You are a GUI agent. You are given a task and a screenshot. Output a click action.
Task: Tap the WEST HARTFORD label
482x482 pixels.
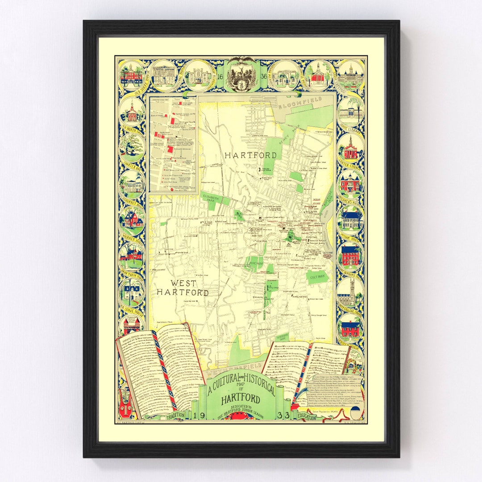click(x=183, y=288)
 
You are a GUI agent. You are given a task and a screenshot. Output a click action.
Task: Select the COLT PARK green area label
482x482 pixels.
click(x=317, y=277)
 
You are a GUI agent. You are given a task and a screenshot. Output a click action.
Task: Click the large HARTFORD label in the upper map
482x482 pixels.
click(x=250, y=155)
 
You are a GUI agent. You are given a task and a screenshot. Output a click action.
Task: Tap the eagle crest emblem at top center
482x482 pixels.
click(x=241, y=74)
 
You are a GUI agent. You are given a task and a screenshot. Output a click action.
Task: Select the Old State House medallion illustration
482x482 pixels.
click(x=132, y=75)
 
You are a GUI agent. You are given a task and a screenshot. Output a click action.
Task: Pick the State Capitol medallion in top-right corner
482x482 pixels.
click(x=350, y=75)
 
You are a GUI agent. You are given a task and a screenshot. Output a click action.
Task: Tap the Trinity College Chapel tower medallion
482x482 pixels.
click(x=350, y=291)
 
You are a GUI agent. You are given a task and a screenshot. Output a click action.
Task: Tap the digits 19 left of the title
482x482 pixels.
click(x=199, y=416)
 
